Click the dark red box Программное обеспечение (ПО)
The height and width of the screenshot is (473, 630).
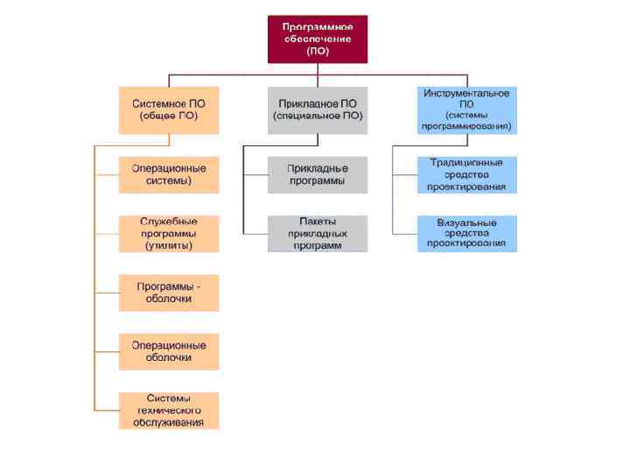(x=318, y=39)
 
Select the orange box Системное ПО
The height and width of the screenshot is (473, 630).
(x=169, y=109)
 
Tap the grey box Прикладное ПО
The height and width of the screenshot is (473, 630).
(x=318, y=109)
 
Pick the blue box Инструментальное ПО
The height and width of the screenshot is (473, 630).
(x=466, y=109)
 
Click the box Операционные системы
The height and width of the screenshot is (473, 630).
(x=169, y=174)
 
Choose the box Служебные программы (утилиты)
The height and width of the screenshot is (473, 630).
(x=169, y=234)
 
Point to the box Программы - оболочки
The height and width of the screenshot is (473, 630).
(x=169, y=293)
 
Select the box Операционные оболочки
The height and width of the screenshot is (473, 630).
(x=169, y=351)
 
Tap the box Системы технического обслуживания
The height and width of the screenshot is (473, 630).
(x=169, y=410)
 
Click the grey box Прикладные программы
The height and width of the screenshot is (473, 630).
(x=318, y=174)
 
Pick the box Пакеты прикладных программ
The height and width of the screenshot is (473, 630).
(x=318, y=234)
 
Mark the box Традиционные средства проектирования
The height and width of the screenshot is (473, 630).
(x=466, y=174)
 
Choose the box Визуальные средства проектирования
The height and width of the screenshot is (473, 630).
(x=466, y=234)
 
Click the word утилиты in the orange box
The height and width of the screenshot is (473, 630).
(x=169, y=246)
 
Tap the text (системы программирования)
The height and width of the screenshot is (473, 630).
(x=466, y=121)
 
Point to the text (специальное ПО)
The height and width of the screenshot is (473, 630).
(x=318, y=116)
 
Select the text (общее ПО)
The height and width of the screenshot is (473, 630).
(x=169, y=116)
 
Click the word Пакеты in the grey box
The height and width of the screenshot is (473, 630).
(x=318, y=222)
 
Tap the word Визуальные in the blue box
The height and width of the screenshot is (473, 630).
(x=466, y=222)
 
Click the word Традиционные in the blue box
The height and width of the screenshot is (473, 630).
(x=466, y=163)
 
